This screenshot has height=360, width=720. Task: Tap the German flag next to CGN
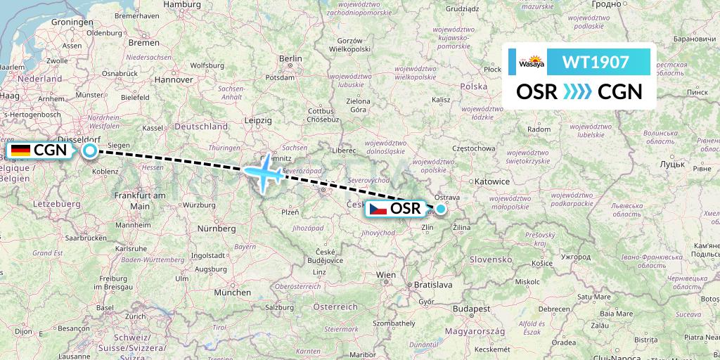pos(20,150)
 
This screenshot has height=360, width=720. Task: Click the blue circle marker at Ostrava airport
pos(441,209)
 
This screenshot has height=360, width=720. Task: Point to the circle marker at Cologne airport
pos(90,150)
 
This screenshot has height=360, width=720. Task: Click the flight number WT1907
pos(595,62)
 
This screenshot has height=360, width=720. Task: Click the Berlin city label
pos(290,59)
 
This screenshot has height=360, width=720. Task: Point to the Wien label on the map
pos(386,274)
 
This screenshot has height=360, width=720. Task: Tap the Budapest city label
pos(471,309)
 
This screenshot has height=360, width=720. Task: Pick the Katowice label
pos(491,181)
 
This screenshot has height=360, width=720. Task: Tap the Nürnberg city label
pos(216,229)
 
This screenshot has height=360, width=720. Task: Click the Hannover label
pos(173,80)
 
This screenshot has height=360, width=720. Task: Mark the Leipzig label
pos(258,120)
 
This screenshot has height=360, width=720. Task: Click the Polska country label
pos(473,86)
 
